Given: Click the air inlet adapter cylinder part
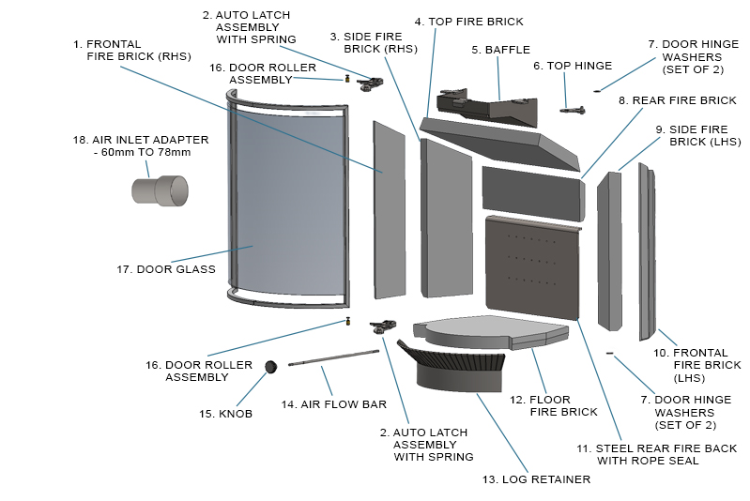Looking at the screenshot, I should [159, 190].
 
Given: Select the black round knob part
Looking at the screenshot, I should [272, 368].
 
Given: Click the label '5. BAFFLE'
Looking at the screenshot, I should [500, 50].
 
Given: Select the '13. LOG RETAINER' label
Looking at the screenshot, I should [536, 479].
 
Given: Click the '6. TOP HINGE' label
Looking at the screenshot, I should [572, 66].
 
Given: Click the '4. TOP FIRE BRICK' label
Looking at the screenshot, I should [468, 21].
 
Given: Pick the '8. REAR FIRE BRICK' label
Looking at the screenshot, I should [677, 100].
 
